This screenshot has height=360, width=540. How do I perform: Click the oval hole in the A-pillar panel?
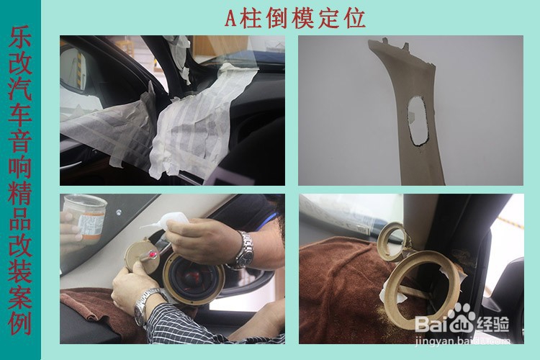[x=418, y=119]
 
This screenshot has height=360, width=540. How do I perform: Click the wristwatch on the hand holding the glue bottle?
[x=245, y=250]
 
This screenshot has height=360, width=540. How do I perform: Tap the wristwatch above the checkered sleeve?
[x=145, y=303]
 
